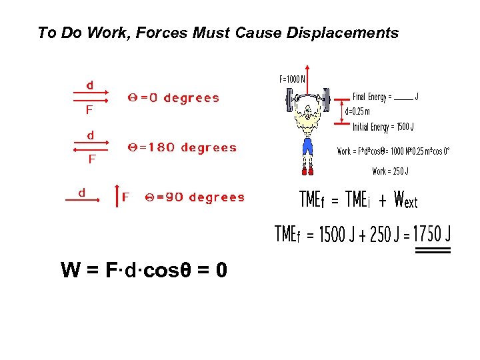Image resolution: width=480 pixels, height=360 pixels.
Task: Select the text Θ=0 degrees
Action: tap(173, 98)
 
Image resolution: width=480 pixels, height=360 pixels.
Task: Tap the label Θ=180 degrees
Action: tap(181, 147)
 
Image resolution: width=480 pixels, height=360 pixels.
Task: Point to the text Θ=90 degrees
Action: tap(195, 197)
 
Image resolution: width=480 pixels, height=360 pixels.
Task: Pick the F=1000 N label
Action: tap(291, 79)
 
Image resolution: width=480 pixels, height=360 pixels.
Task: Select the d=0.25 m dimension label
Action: tap(357, 111)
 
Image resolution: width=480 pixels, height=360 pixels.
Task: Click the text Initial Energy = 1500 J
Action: tap(383, 127)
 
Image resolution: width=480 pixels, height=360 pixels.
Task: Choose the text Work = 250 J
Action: tap(390, 171)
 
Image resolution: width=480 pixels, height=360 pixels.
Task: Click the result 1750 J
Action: tap(431, 234)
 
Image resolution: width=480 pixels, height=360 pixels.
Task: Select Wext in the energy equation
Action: tap(406, 199)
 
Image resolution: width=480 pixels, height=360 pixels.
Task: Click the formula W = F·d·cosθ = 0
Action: tap(143, 270)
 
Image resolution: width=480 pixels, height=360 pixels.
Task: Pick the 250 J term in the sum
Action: tap(380, 235)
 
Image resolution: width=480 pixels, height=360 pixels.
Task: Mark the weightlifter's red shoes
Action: tap(307, 171)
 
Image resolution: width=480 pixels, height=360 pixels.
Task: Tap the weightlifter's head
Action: tap(307, 110)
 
